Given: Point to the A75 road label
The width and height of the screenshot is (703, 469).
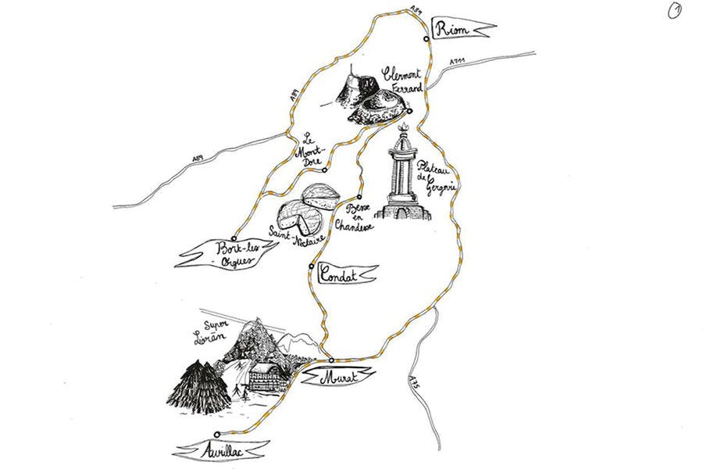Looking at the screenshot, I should pyautogui.click(x=413, y=388).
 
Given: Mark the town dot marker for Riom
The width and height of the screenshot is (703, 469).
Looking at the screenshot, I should pyautogui.click(x=426, y=38).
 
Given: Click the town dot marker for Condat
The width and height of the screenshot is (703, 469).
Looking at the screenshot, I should pyautogui.click(x=311, y=267).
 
